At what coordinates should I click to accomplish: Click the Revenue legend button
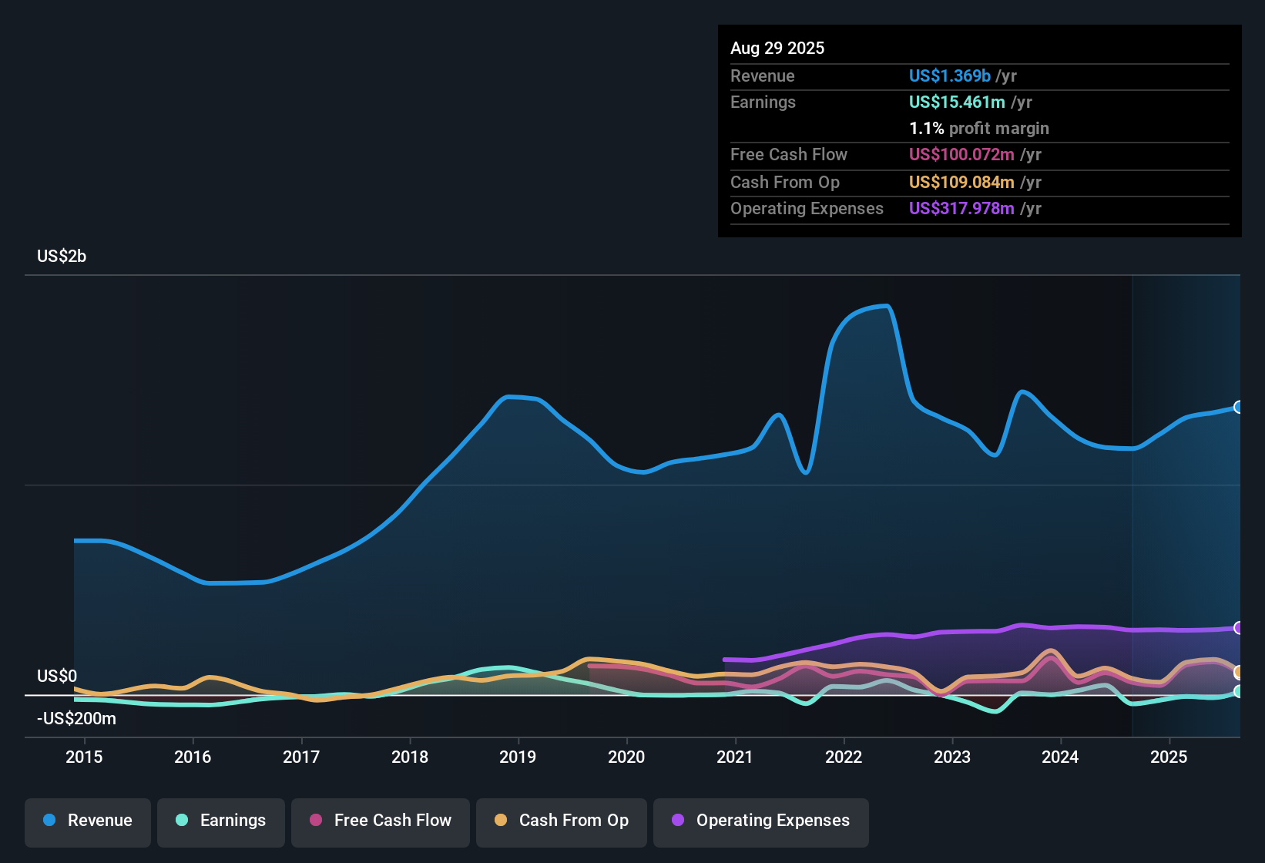click(x=88, y=821)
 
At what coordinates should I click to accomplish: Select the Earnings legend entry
click(x=221, y=821)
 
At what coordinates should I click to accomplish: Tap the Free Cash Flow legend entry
click(x=381, y=821)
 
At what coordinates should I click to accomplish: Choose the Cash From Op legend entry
click(x=562, y=821)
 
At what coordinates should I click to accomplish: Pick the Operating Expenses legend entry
click(x=761, y=821)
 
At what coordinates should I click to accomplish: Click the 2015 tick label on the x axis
click(x=84, y=757)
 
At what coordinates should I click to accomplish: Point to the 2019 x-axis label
click(x=518, y=757)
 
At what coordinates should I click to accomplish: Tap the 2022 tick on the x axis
click(x=844, y=757)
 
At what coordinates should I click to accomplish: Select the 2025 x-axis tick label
click(x=1169, y=757)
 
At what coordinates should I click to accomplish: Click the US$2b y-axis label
click(x=62, y=257)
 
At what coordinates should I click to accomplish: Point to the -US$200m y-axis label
click(x=76, y=719)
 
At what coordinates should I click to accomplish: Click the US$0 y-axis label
click(x=57, y=677)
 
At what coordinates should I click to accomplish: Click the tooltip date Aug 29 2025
click(x=777, y=49)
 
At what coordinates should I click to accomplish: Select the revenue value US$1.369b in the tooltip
click(x=949, y=76)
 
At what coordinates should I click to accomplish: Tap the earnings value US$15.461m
click(x=957, y=102)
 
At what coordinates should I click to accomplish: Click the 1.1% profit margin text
click(x=978, y=129)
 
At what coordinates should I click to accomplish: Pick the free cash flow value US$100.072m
click(x=961, y=155)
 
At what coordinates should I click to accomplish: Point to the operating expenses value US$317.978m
click(x=961, y=209)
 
